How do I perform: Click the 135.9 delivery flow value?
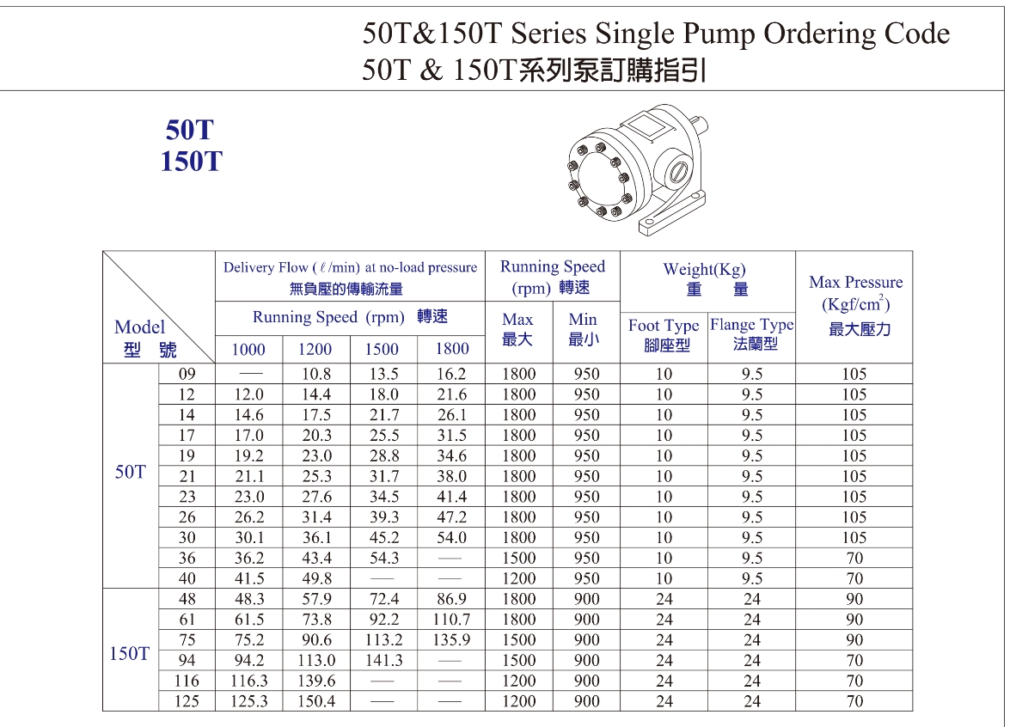pos(451,640)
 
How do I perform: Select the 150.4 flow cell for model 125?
pos(315,702)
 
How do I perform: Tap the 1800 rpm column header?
pos(451,349)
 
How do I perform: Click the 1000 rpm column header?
pos(248,349)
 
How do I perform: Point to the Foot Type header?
pos(663,327)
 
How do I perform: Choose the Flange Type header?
pos(751,325)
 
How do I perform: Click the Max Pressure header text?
pos(855,283)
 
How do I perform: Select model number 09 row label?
pos(187,374)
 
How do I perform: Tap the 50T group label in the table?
pos(130,472)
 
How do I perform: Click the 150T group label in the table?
pos(130,654)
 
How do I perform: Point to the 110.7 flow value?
pos(451,620)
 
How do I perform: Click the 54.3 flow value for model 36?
pos(383,559)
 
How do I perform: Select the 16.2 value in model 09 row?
pos(451,374)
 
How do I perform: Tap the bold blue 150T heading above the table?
pos(190,161)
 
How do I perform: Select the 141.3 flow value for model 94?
pos(383,661)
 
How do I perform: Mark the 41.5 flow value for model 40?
pos(248,579)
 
